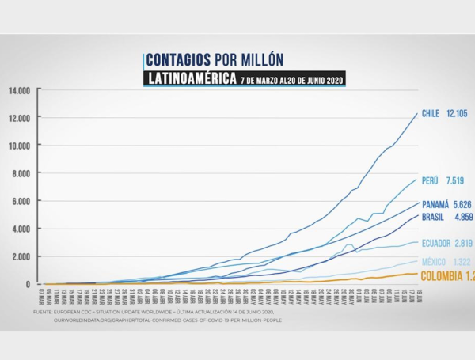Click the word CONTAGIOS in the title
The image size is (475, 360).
[179, 60]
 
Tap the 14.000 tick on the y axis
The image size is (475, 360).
[20, 91]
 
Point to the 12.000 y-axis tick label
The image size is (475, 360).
[20, 119]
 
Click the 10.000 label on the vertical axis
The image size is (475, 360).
[20, 146]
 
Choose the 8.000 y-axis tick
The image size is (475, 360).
[21, 174]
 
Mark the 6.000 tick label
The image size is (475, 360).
[21, 202]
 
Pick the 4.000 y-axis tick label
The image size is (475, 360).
[21, 229]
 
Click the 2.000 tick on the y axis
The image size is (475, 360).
[21, 257]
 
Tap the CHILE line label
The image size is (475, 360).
[431, 114]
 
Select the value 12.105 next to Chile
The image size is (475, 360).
[457, 114]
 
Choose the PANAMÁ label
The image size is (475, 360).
[437, 203]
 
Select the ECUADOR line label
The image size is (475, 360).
[437, 244]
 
